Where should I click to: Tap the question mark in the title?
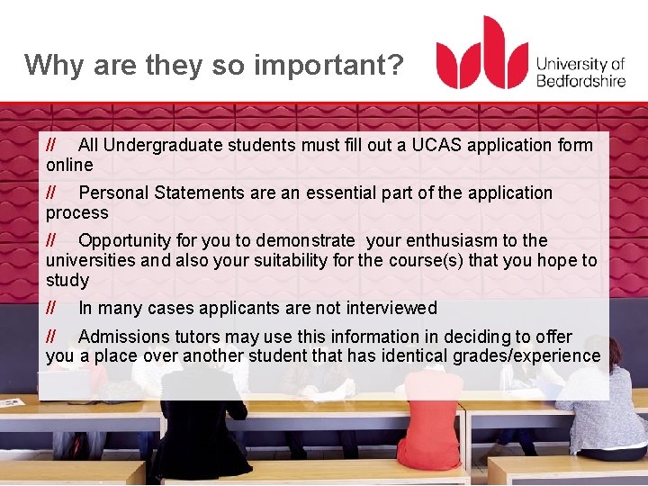[396, 65]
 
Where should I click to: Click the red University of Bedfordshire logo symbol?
[481, 54]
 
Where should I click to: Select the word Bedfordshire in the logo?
[580, 80]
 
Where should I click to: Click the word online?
[69, 165]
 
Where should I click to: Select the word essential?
[344, 193]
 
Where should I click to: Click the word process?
[76, 212]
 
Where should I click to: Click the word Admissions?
[121, 337]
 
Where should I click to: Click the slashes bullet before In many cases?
[51, 308]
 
